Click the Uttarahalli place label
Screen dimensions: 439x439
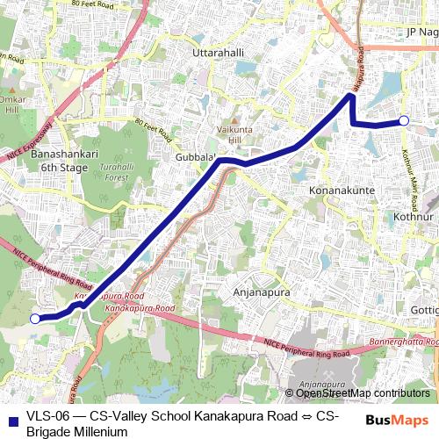[x=217, y=54]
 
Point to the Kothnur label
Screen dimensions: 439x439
[x=414, y=216]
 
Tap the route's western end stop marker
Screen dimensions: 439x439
[x=35, y=319]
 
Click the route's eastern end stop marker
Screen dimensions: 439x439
[x=404, y=120]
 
